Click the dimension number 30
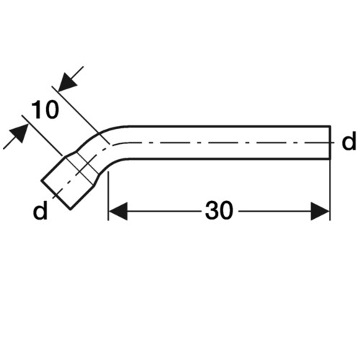pyautogui.click(x=219, y=210)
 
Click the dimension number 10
pyautogui.click(x=45, y=109)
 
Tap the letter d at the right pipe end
pyautogui.click(x=349, y=143)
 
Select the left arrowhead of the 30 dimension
pyautogui.click(x=118, y=211)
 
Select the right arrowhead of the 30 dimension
pyautogui.click(x=320, y=211)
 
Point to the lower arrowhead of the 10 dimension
pyautogui.click(x=19, y=133)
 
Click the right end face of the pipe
pyautogui.click(x=330, y=143)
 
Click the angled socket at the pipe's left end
pyautogui.click(x=70, y=181)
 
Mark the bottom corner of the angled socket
pyautogui.click(x=71, y=210)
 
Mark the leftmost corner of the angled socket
pyautogui.click(x=41, y=181)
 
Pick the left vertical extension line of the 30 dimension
pyautogui.click(x=109, y=196)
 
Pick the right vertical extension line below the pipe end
pyautogui.click(x=330, y=189)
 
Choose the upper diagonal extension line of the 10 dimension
pyautogui.click(x=81, y=115)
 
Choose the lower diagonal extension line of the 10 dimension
pyautogui.click(x=42, y=135)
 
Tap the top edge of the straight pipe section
pyautogui.click(x=229, y=126)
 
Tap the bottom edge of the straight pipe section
pyautogui.click(x=229, y=158)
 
